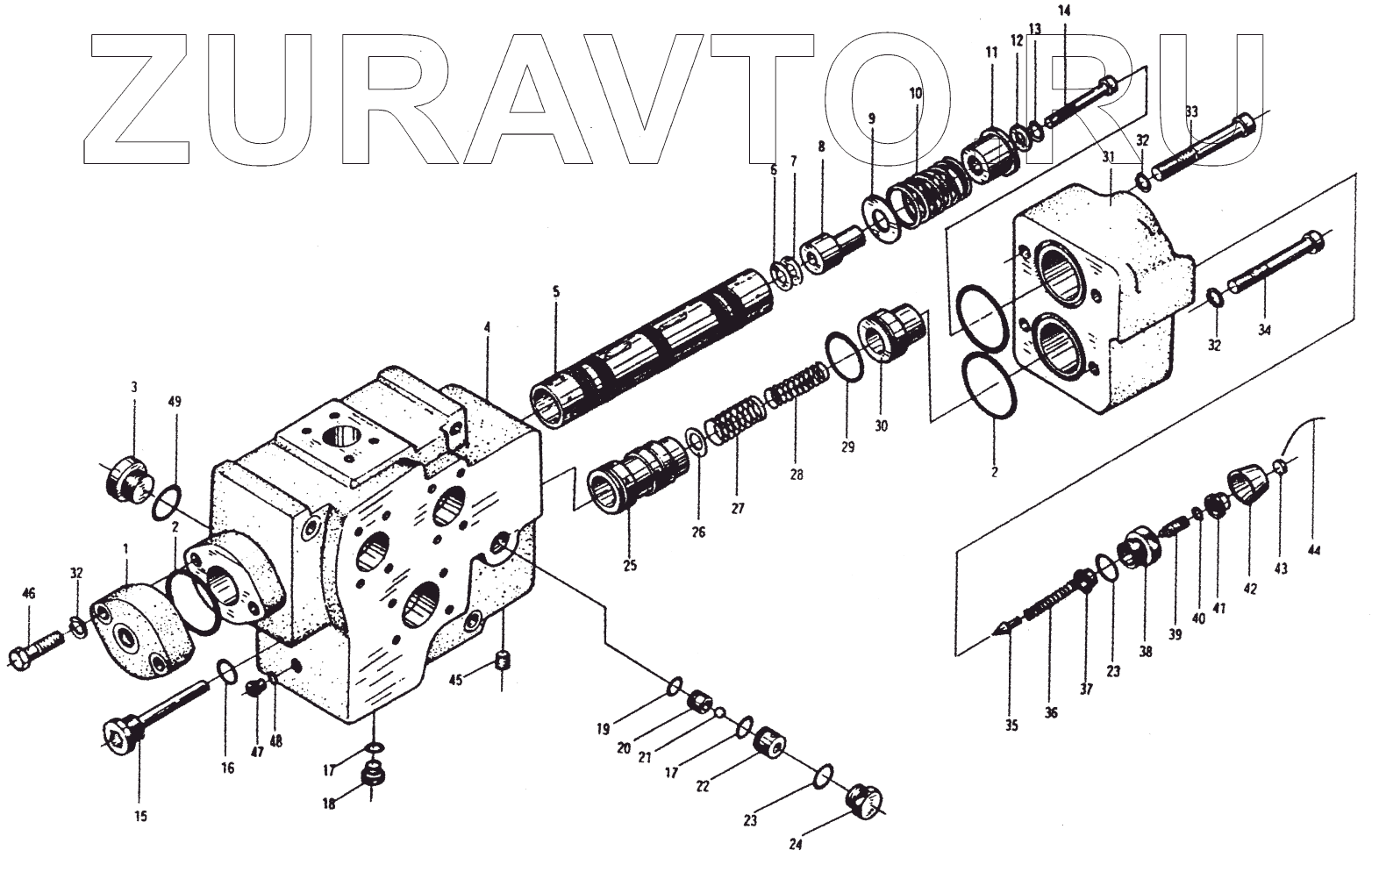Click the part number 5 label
tap(555, 291)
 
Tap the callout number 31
tap(1108, 157)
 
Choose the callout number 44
tap(1313, 551)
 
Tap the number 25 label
tap(630, 565)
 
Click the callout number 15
tap(140, 817)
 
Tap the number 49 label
tap(175, 402)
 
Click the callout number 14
tap(1064, 11)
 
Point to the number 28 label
tap(796, 475)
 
